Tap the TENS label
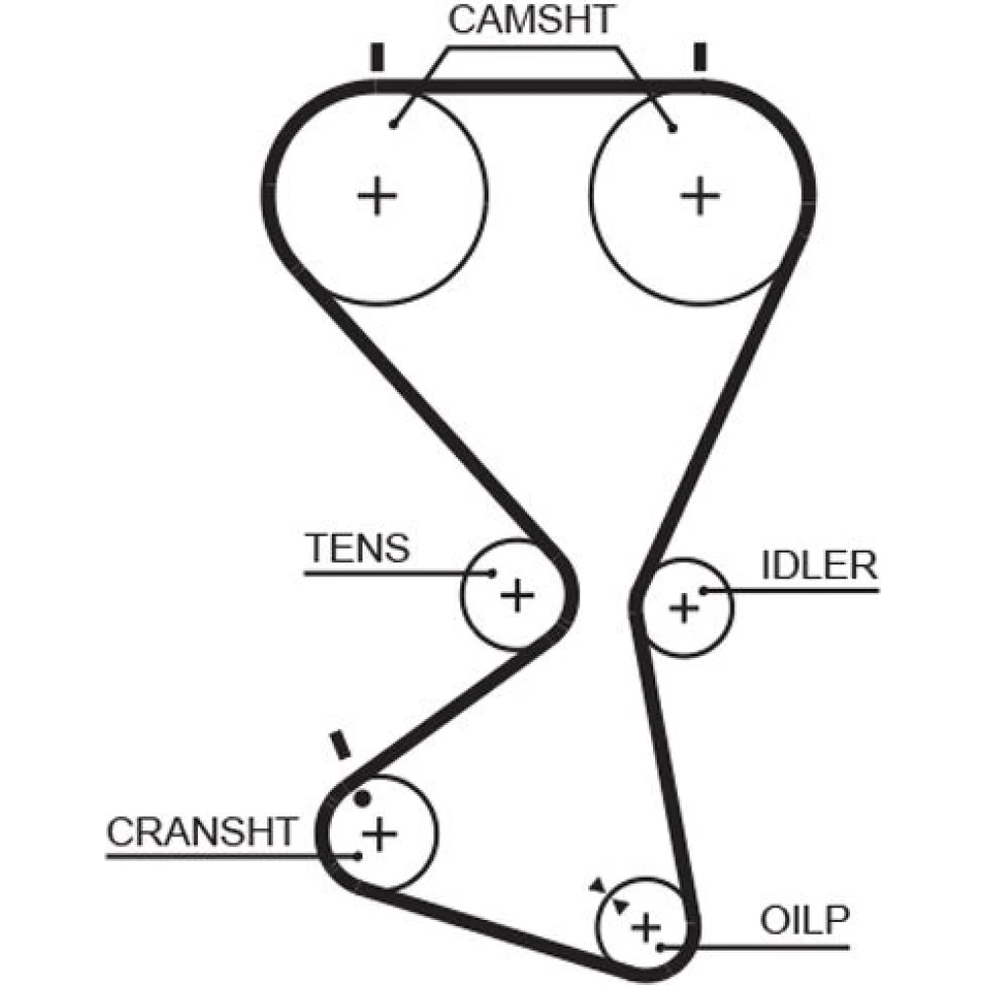(357, 548)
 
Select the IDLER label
(819, 565)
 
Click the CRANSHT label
(201, 832)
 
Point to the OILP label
(804, 921)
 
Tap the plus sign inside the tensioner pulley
(516, 595)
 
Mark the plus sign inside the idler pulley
(683, 608)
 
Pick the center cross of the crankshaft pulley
(379, 835)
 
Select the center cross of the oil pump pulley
(645, 927)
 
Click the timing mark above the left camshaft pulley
(375, 57)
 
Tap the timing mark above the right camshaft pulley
(700, 57)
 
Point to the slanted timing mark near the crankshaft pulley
(341, 745)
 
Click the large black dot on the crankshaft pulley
(362, 798)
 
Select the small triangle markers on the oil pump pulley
(608, 896)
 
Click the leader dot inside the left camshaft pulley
(393, 124)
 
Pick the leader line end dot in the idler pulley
(704, 591)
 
